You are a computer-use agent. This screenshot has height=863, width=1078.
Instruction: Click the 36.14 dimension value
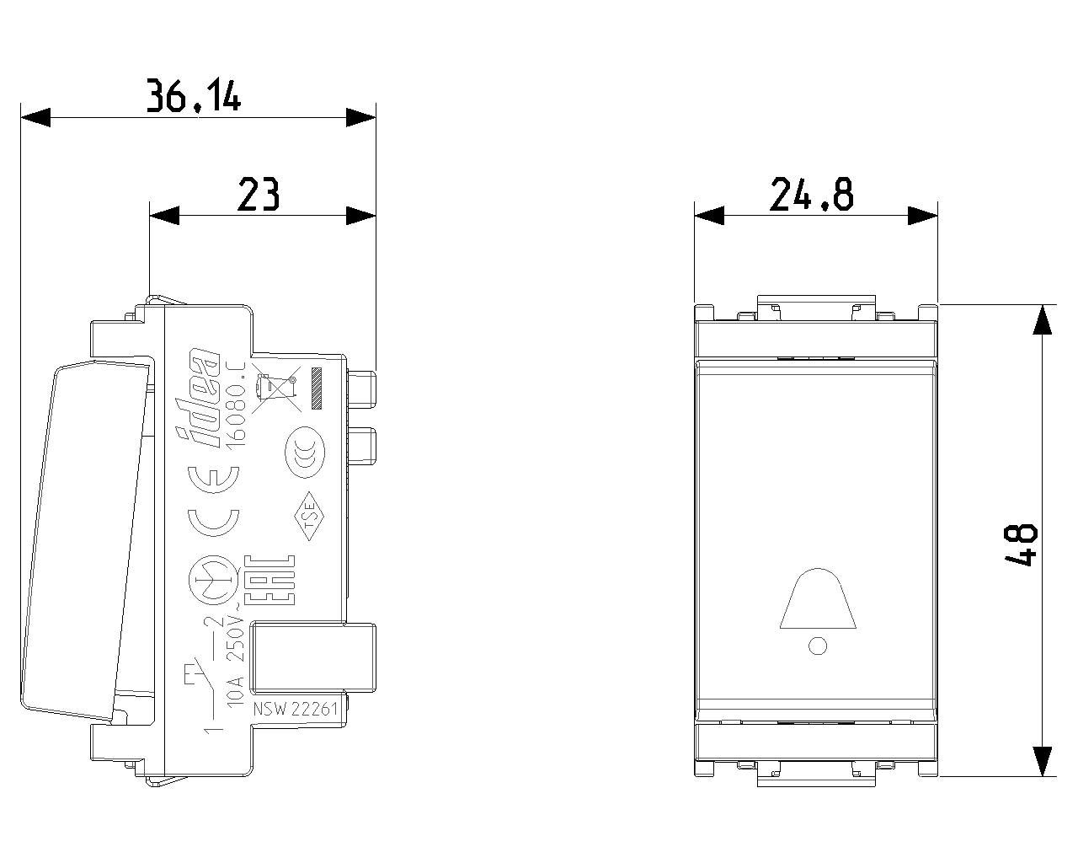[x=194, y=94]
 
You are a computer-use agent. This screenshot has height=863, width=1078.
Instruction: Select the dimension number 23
[x=259, y=194]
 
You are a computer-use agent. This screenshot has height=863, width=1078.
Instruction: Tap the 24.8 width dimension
[x=812, y=194]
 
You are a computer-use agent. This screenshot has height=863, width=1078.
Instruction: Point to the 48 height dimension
[x=1021, y=545]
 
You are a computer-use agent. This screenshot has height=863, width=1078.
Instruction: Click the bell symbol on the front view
[x=818, y=598]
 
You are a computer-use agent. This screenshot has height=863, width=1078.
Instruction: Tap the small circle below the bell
[x=818, y=646]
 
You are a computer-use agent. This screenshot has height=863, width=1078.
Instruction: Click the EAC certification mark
[x=269, y=580]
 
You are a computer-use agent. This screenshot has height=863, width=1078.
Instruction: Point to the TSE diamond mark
[x=309, y=516]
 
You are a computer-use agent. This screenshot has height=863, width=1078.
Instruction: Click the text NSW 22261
[x=296, y=709]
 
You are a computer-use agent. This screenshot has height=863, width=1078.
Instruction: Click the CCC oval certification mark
[x=305, y=453]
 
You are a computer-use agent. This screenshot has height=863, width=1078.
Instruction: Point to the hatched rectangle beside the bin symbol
[x=316, y=389]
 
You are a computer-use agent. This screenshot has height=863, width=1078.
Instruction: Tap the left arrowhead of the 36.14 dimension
[x=35, y=118]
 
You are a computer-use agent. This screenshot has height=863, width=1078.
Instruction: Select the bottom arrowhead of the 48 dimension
[x=1043, y=761]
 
